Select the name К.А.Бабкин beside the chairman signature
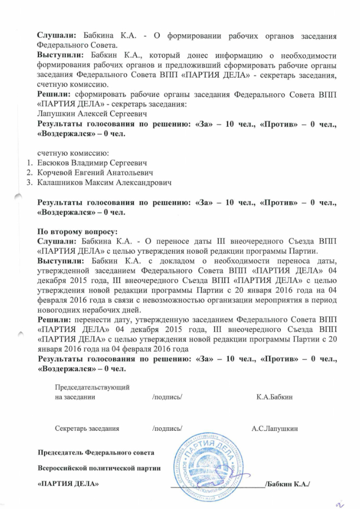[275, 397]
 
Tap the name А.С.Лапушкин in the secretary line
[274, 429]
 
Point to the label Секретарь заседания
[87, 429]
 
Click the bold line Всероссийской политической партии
[99, 468]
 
